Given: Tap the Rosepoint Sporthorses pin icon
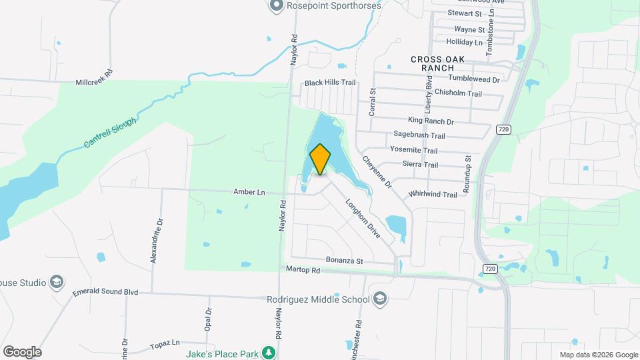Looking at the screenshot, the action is pyautogui.click(x=275, y=6).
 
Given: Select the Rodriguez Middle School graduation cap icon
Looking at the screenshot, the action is pyautogui.click(x=381, y=298).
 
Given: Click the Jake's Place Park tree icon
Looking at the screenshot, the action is pyautogui.click(x=268, y=352).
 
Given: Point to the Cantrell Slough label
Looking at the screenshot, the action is pyautogui.click(x=111, y=133).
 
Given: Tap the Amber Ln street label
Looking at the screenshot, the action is pyautogui.click(x=249, y=192).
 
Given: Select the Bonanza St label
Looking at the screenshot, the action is pyautogui.click(x=344, y=261).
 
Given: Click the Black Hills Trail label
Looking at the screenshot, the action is pyautogui.click(x=331, y=83).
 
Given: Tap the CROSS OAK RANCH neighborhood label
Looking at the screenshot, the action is pyautogui.click(x=437, y=63).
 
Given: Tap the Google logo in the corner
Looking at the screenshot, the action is pyautogui.click(x=22, y=352).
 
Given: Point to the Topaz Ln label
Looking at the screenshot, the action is pyautogui.click(x=166, y=343).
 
